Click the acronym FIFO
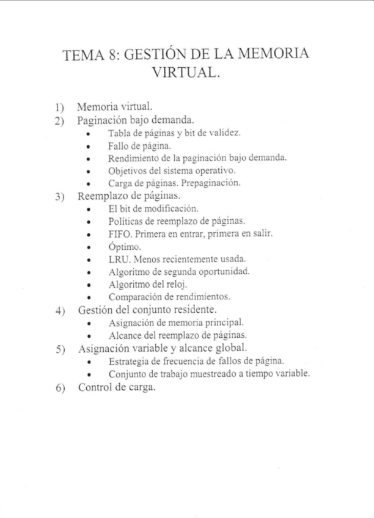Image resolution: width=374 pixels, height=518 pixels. coord(119,234)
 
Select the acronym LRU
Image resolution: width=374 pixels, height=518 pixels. coord(117,259)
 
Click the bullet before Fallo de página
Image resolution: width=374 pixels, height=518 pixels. coord(90,146)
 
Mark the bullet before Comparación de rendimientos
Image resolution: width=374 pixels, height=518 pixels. coord(90,297)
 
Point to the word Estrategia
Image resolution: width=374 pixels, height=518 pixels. coord(130,361)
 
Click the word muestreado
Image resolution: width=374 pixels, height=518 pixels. coord(222,374)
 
